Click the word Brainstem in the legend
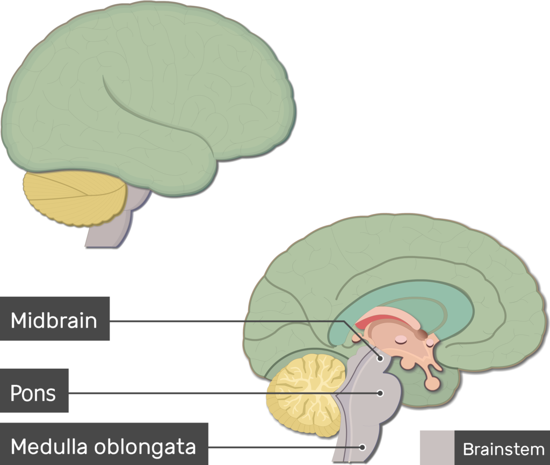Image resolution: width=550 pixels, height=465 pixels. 503,448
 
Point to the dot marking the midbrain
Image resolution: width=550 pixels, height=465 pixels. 380,357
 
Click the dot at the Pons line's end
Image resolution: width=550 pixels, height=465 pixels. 380,393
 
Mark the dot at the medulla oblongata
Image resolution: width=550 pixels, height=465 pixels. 363,446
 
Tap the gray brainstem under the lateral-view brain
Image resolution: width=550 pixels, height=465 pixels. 110,231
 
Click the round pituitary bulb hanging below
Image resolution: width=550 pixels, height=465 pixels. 432,383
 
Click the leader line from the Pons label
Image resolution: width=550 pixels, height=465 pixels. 215,393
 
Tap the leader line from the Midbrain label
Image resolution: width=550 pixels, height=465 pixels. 226,322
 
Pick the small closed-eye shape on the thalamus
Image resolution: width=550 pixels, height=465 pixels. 401,339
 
